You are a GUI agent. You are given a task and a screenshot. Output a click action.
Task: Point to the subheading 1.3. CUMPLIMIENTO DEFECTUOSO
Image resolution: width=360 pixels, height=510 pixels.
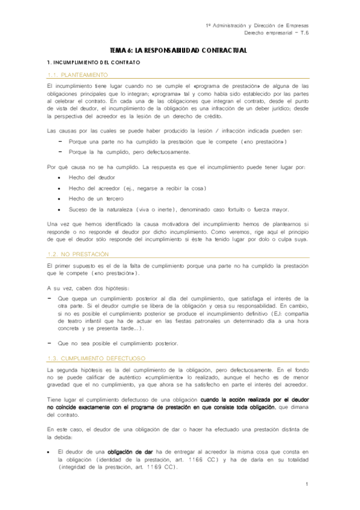[x=96, y=358]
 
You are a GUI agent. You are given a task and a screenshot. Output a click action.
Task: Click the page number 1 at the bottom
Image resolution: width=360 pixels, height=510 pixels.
[x=307, y=484]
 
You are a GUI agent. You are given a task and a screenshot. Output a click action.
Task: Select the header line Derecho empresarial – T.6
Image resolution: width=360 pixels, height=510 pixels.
[x=273, y=34]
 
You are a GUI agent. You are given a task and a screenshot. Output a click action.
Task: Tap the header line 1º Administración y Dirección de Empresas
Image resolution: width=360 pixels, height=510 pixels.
[x=257, y=26]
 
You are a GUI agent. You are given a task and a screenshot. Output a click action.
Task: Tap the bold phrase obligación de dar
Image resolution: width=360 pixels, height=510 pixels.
[x=130, y=451]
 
